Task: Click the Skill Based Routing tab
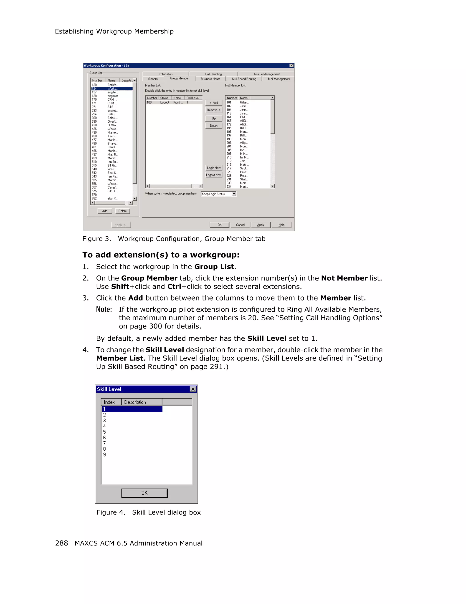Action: (x=244, y=79)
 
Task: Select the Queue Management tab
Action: (x=267, y=74)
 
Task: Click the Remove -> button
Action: (x=213, y=110)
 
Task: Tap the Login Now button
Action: (x=213, y=168)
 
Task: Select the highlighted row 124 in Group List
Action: (x=112, y=88)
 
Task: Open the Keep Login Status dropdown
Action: (x=234, y=194)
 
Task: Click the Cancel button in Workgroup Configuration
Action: (x=240, y=225)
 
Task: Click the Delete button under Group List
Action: (x=122, y=211)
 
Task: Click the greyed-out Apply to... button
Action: (x=121, y=225)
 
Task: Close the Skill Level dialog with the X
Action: (x=193, y=389)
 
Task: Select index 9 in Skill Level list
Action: (x=104, y=455)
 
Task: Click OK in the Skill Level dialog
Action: (x=144, y=493)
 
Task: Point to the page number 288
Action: (x=61, y=543)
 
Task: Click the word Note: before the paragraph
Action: (x=104, y=309)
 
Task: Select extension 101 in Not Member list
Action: (x=229, y=103)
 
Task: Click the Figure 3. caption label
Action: (x=96, y=239)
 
